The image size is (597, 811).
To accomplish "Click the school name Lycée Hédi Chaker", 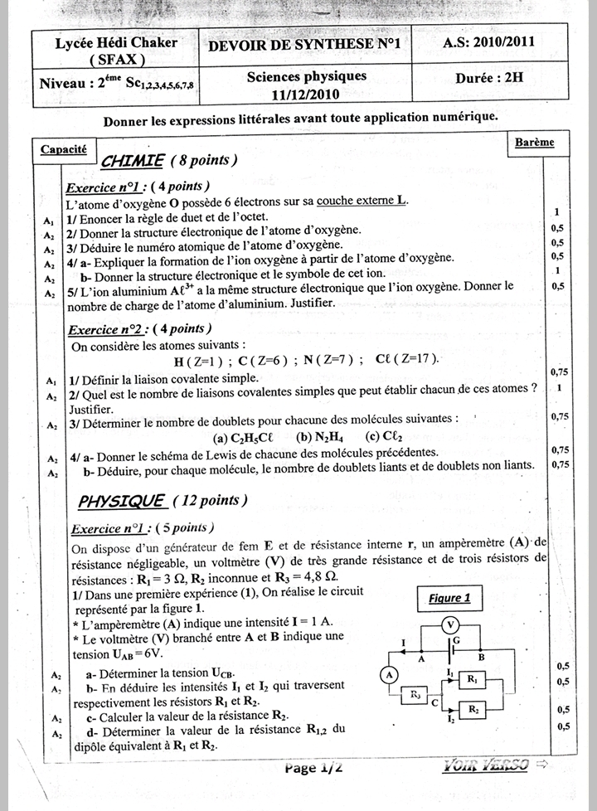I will [104, 43].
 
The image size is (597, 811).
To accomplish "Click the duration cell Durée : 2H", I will [489, 79].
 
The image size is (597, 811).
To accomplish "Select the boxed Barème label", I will [534, 142].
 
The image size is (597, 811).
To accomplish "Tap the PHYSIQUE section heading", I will [121, 501].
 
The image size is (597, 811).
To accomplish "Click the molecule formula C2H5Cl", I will [247, 437].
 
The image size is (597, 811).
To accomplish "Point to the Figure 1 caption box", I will [449, 598].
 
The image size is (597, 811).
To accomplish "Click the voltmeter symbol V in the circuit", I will [449, 624].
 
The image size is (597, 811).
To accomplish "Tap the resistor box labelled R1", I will [472, 680].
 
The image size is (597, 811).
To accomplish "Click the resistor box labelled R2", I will [472, 709].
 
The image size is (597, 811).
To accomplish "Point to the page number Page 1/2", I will [313, 768].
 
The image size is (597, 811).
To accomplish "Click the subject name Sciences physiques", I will [306, 76].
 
